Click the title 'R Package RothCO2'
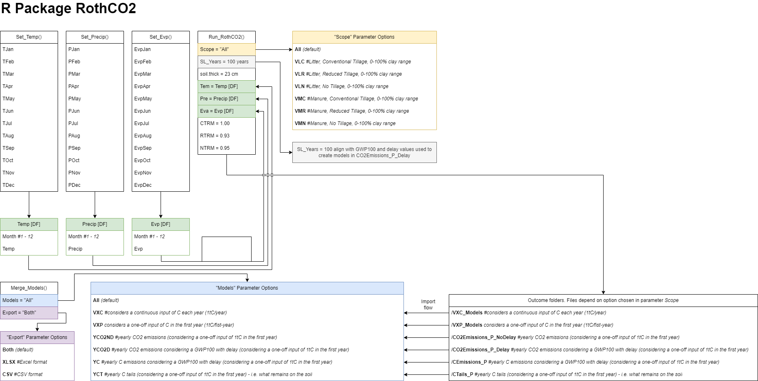[x=69, y=9]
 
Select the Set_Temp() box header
[x=29, y=37]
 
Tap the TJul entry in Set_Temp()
[x=7, y=123]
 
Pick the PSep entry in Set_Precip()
[x=75, y=148]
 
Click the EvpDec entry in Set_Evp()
[x=143, y=185]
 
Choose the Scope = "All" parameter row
[x=226, y=49]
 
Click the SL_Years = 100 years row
[x=226, y=62]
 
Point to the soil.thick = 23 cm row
[x=226, y=74]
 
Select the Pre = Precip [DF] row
[x=226, y=99]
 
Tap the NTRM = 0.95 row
[x=226, y=148]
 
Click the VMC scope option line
[x=356, y=99]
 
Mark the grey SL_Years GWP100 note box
[x=364, y=153]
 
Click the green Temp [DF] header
[x=29, y=224]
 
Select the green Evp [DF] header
[x=161, y=224]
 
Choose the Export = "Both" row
[x=29, y=313]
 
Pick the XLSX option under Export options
[x=25, y=362]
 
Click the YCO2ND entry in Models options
[x=185, y=337]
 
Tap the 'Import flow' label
[x=428, y=304]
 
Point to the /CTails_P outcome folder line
[x=567, y=374]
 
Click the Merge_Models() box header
[x=29, y=288]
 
